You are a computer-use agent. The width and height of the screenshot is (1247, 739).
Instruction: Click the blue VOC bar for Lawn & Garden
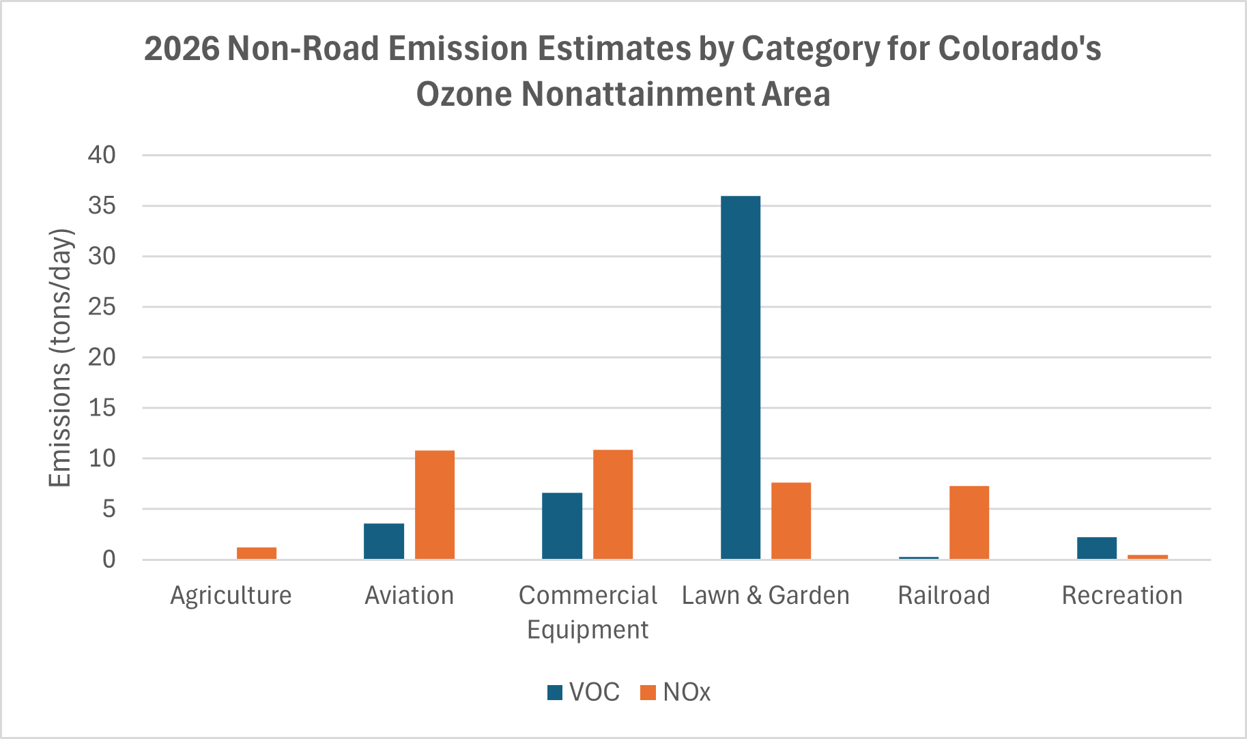pyautogui.click(x=741, y=377)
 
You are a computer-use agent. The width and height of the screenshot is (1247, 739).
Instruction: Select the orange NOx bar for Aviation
pyautogui.click(x=435, y=504)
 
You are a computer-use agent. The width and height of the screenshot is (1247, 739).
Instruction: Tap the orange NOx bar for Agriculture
pyautogui.click(x=257, y=553)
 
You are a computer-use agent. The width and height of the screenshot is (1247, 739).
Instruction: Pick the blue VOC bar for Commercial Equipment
pyautogui.click(x=562, y=525)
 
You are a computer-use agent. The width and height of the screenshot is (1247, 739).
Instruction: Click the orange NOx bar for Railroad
pyautogui.click(x=969, y=522)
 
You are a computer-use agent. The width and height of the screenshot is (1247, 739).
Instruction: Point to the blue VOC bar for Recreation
pyautogui.click(x=1097, y=548)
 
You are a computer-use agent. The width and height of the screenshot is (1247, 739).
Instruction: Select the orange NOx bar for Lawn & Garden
pyautogui.click(x=791, y=521)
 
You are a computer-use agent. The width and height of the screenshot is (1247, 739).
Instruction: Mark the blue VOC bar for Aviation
pyautogui.click(x=384, y=541)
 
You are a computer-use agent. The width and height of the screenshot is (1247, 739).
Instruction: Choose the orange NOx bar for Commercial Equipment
pyautogui.click(x=613, y=504)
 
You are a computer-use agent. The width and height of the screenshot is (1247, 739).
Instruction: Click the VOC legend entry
pyautogui.click(x=584, y=692)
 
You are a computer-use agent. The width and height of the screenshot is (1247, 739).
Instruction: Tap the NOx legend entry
pyautogui.click(x=676, y=692)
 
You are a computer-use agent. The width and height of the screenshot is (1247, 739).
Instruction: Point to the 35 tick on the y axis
pyautogui.click(x=102, y=205)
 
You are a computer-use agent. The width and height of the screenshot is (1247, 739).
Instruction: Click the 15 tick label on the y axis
pyautogui.click(x=102, y=408)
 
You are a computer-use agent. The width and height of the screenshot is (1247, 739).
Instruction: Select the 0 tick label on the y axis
pyautogui.click(x=109, y=560)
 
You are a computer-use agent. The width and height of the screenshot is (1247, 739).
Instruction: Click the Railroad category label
pyautogui.click(x=944, y=595)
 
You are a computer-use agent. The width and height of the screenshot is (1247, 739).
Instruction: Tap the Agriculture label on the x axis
pyautogui.click(x=231, y=595)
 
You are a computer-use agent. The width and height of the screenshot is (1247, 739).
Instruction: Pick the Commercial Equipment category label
pyautogui.click(x=588, y=611)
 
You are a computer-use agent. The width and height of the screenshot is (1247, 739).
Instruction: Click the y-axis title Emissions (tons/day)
pyautogui.click(x=60, y=358)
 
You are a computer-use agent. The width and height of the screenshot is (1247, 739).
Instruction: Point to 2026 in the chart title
pyautogui.click(x=182, y=48)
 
